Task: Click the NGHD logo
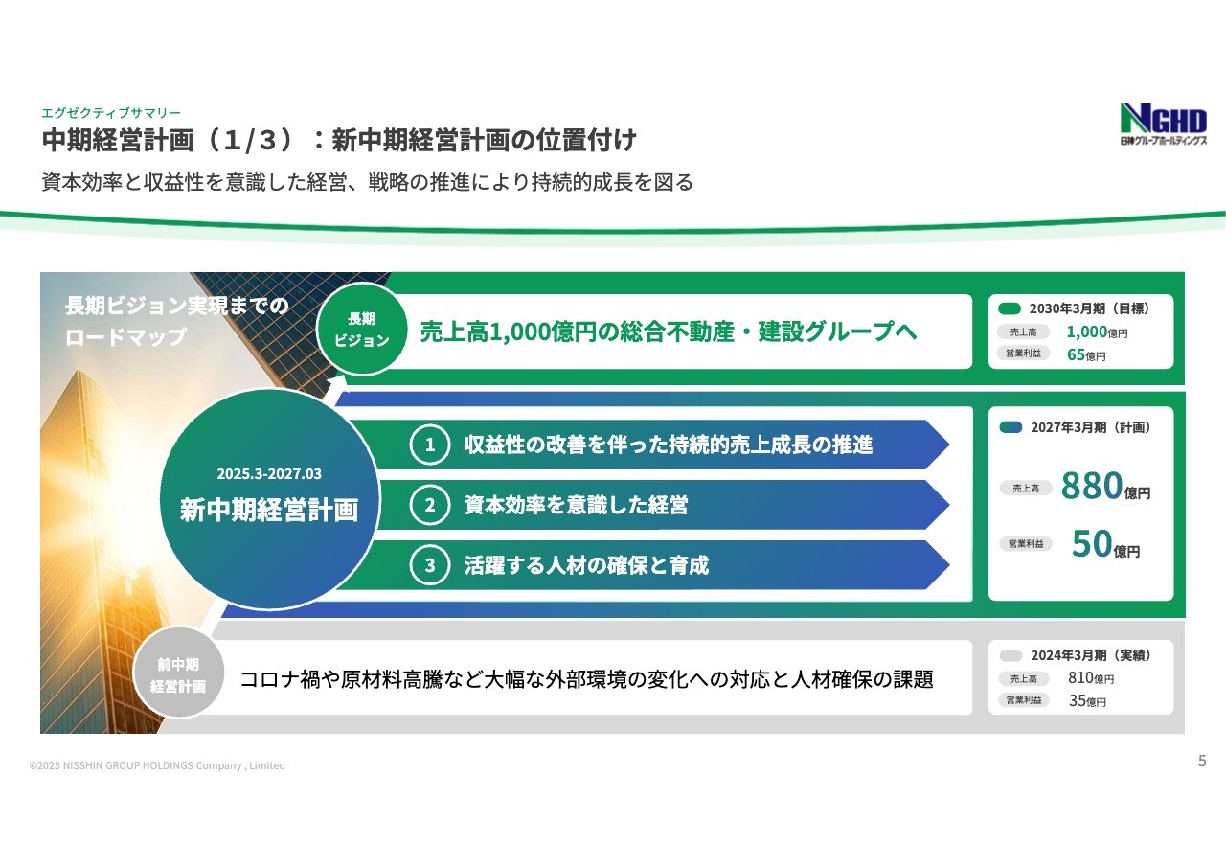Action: (1163, 124)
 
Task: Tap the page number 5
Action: (1202, 761)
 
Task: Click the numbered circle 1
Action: (430, 445)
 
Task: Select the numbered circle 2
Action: (430, 505)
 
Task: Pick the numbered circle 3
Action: (430, 565)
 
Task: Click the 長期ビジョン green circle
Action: (362, 329)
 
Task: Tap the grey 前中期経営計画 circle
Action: (178, 673)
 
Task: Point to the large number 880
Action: (1092, 485)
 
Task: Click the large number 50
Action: (1092, 543)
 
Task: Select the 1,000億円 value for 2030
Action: (1097, 331)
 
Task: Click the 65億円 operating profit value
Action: (1086, 354)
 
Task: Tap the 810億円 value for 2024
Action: (1091, 678)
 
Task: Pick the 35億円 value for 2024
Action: (1087, 700)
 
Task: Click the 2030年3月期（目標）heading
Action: (1089, 308)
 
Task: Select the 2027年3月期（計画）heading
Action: (1090, 427)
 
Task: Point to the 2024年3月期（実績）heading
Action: (1091, 655)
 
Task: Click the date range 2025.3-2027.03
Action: (269, 474)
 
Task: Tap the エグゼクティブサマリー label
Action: (111, 113)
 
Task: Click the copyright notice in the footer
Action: (157, 765)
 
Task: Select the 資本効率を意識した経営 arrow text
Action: (576, 505)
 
